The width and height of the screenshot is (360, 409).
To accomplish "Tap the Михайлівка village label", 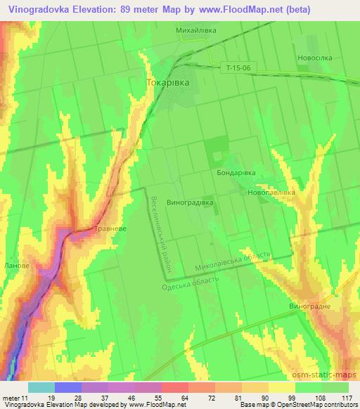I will pos(195,32).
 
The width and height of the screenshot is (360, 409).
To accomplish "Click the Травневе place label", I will pos(110,228).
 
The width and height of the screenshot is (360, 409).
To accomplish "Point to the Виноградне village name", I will pos(310,307).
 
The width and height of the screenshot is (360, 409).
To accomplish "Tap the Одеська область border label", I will pos(190,283).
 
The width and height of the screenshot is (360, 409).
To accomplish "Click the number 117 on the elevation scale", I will pos(347,397).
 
